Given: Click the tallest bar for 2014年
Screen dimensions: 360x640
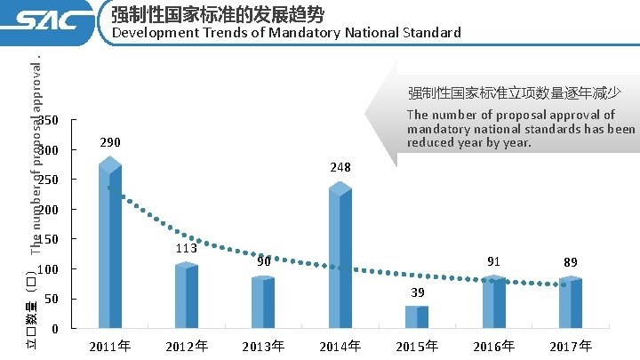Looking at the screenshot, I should [340, 258].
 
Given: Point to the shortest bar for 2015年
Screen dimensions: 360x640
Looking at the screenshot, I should [417, 317].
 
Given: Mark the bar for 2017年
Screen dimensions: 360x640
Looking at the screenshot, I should [570, 303].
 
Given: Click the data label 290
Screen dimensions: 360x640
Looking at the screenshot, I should [110, 142].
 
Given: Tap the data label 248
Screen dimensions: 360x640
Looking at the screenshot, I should [340, 167].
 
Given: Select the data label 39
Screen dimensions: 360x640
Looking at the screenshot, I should [418, 292].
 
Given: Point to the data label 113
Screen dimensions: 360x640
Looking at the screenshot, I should [186, 248].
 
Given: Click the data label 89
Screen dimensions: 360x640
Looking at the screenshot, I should [571, 262].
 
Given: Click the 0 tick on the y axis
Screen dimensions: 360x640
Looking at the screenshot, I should [55, 329].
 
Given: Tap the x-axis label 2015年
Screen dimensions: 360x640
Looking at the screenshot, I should [417, 346].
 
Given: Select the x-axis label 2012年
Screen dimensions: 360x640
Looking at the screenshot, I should [187, 346].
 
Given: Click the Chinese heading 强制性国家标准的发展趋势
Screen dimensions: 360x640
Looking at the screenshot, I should [218, 14].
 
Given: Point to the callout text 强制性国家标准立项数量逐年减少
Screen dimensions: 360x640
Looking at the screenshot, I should [514, 92].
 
